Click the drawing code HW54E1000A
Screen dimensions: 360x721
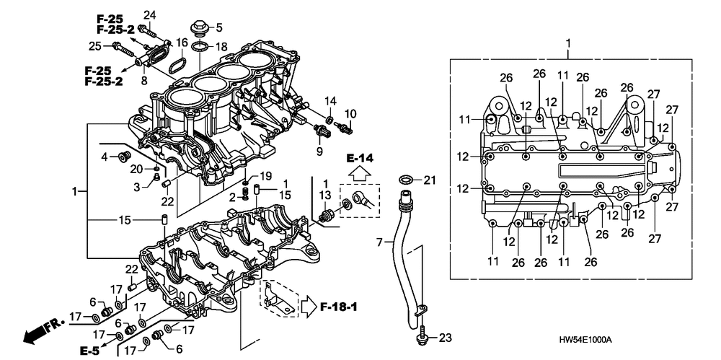[584, 339]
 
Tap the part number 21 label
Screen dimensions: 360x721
[430, 180]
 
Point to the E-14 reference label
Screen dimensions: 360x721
[360, 157]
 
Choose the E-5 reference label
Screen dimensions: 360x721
[89, 351]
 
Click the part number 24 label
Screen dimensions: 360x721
[149, 15]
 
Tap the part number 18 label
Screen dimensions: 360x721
[221, 47]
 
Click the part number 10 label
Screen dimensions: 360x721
[350, 113]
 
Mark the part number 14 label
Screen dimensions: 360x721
[329, 100]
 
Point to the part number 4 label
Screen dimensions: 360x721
[104, 156]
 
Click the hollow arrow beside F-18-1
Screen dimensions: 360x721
[309, 307]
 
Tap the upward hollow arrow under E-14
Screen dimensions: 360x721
[360, 173]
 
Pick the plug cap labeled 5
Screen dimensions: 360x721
[198, 30]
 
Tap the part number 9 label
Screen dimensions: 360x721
[320, 152]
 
